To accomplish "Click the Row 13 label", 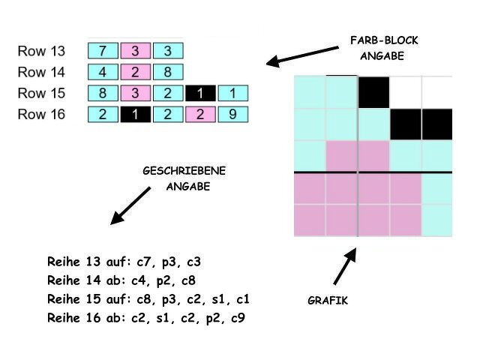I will pyautogui.click(x=41, y=52).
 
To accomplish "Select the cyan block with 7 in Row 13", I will pyautogui.click(x=103, y=51).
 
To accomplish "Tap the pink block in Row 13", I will pyautogui.click(x=136, y=51).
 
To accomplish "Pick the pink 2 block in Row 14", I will pyautogui.click(x=136, y=73).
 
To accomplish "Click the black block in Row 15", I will pyautogui.click(x=201, y=94).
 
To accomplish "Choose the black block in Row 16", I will pyautogui.click(x=136, y=115).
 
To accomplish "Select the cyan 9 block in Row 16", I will pyautogui.click(x=233, y=115).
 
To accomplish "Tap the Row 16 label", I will pyautogui.click(x=41, y=115).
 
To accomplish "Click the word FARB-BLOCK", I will pyautogui.click(x=384, y=40).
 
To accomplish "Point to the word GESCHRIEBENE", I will pyautogui.click(x=184, y=172).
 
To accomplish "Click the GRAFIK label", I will pyautogui.click(x=328, y=301).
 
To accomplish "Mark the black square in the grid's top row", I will pyautogui.click(x=373, y=92).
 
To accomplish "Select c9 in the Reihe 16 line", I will pyautogui.click(x=237, y=318).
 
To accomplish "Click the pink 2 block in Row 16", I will pyautogui.click(x=200, y=115).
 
